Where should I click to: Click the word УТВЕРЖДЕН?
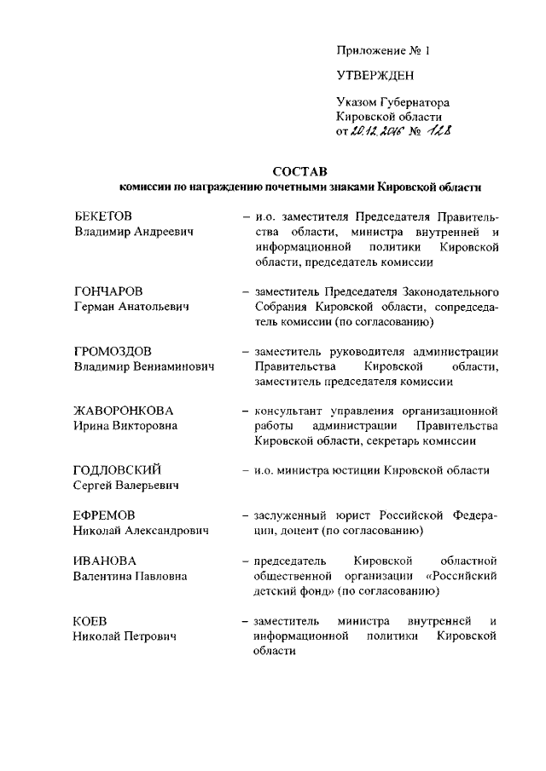(375, 76)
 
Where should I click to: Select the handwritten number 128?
(439, 131)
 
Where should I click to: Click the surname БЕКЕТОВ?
(102, 216)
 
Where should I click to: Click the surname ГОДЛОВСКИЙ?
(118, 470)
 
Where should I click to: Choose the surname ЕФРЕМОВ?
(104, 515)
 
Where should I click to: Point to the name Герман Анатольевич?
(131, 307)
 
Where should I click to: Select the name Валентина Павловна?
(131, 576)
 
